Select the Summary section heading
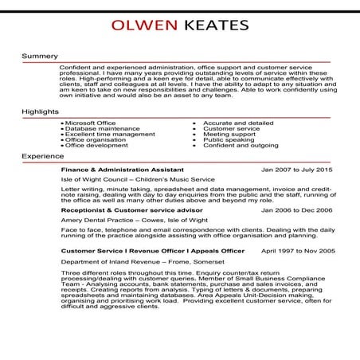click(x=40, y=56)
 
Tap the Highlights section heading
click(x=41, y=112)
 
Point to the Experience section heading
click(x=43, y=156)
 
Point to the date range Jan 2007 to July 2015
click(x=297, y=170)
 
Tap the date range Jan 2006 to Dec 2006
click(x=297, y=209)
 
